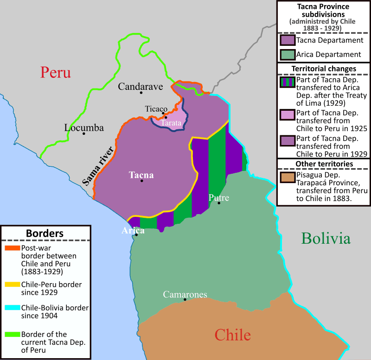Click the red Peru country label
(x=55, y=72)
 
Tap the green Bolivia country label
(x=326, y=239)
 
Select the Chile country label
(x=232, y=335)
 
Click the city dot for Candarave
(x=141, y=93)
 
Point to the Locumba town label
(x=84, y=127)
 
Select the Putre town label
(x=219, y=198)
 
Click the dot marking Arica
(x=136, y=235)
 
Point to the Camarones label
(x=185, y=294)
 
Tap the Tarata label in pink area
(x=171, y=123)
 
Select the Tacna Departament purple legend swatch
(x=288, y=41)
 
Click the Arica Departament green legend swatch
(x=288, y=55)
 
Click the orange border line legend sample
(x=12, y=248)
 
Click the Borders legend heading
(x=45, y=233)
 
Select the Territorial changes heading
(x=323, y=69)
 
